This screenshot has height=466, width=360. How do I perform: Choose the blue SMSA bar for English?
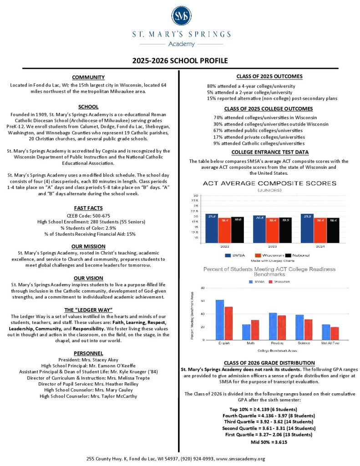[x=220, y=319]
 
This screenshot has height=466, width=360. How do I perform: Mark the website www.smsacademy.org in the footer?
[x=238, y=459]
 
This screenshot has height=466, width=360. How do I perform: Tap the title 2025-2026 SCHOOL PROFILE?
[x=180, y=61]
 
